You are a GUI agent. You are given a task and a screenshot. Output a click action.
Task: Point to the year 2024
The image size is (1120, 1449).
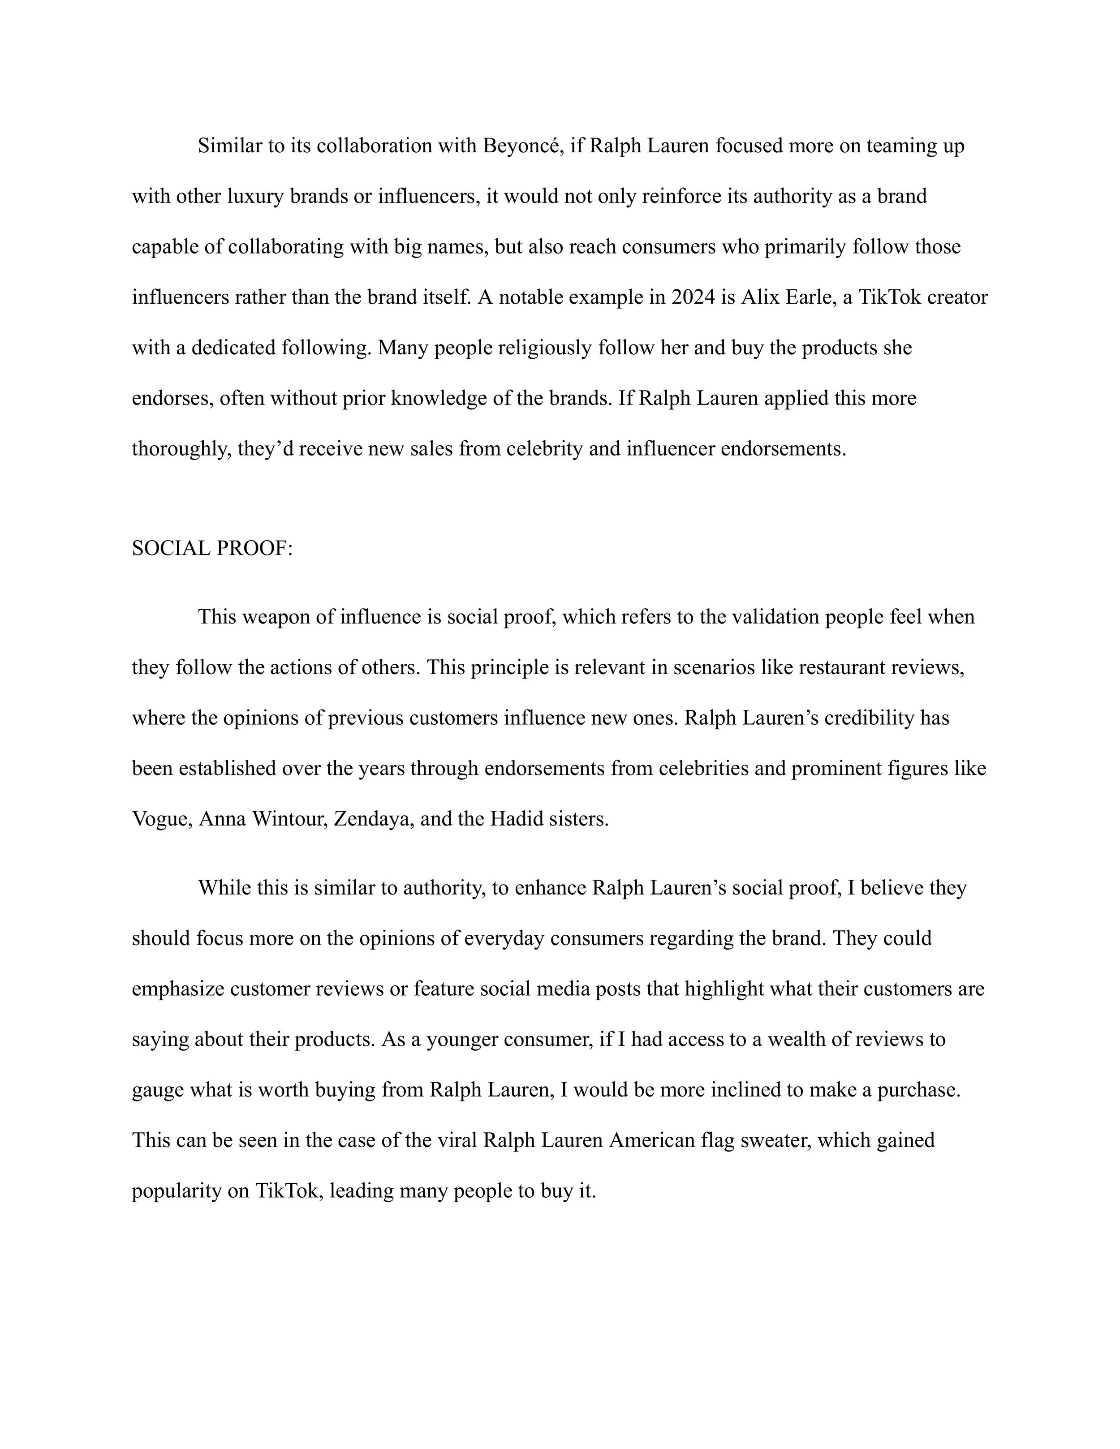[694, 297]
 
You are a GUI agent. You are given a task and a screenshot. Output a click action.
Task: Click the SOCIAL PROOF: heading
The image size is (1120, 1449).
[211, 549]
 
